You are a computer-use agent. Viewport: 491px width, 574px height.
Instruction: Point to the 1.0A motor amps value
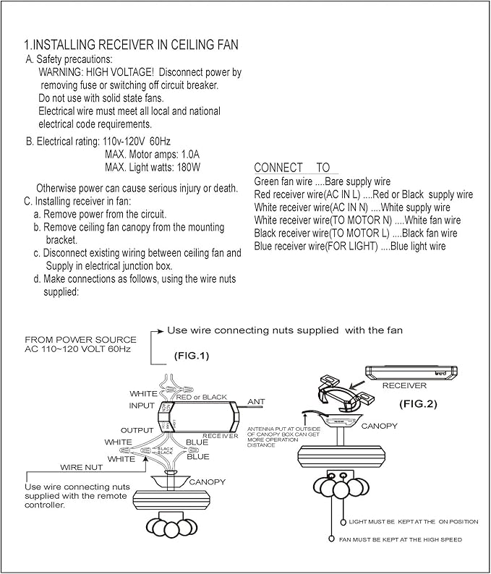click(x=187, y=154)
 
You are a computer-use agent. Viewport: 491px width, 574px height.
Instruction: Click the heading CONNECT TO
click(x=291, y=168)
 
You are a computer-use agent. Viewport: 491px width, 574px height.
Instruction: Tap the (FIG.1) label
click(x=191, y=356)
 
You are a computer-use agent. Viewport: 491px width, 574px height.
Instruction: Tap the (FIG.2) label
click(x=419, y=404)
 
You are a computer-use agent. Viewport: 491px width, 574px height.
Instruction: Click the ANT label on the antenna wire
click(x=256, y=400)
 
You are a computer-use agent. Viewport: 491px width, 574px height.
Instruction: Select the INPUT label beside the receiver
click(x=142, y=406)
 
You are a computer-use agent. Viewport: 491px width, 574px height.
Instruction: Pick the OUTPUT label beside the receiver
click(x=137, y=430)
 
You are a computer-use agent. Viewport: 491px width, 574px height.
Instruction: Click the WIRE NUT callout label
click(x=80, y=468)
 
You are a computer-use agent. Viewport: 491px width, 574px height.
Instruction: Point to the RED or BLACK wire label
click(x=202, y=397)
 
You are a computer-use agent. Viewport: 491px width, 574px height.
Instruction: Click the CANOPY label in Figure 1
click(x=208, y=481)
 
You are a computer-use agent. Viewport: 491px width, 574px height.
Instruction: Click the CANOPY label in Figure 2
click(x=379, y=426)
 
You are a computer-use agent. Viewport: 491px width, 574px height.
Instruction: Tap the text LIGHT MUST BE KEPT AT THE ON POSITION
click(x=403, y=521)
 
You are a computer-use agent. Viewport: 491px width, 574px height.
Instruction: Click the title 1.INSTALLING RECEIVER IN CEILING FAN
click(x=131, y=45)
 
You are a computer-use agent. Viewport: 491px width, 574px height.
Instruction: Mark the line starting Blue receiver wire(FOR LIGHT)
click(x=350, y=247)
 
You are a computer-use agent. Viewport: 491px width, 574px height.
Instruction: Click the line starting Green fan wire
click(x=323, y=181)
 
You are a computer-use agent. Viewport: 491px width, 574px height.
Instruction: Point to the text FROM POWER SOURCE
click(x=80, y=339)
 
